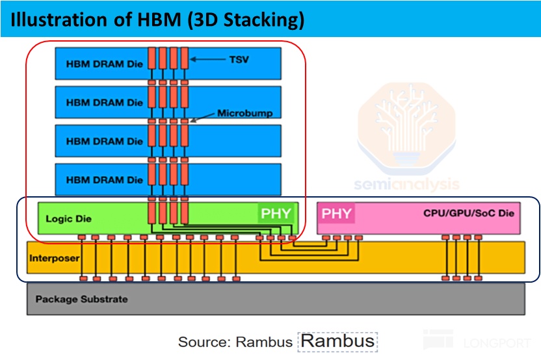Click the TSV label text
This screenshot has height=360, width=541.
239,60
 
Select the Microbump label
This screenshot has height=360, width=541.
244,113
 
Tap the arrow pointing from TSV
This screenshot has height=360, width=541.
207,59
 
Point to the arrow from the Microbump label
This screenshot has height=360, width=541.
202,117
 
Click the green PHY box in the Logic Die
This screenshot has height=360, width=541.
276,213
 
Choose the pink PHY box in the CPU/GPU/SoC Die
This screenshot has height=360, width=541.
336,213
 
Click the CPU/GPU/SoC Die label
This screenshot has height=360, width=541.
469,213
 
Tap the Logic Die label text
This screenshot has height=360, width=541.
68,218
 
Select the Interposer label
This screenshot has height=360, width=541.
54,258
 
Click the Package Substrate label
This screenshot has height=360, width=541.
81,299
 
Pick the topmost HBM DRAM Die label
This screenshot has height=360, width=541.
104,64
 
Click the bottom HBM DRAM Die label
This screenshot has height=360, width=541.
104,179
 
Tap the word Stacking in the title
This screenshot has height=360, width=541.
264,20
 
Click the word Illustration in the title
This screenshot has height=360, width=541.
59,19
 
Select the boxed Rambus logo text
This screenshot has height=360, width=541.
337,341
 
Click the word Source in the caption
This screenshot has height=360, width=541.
204,342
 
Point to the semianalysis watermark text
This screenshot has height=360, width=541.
406,184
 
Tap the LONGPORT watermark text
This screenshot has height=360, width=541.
497,342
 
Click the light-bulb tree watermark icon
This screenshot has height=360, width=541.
406,128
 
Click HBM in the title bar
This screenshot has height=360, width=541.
159,19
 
